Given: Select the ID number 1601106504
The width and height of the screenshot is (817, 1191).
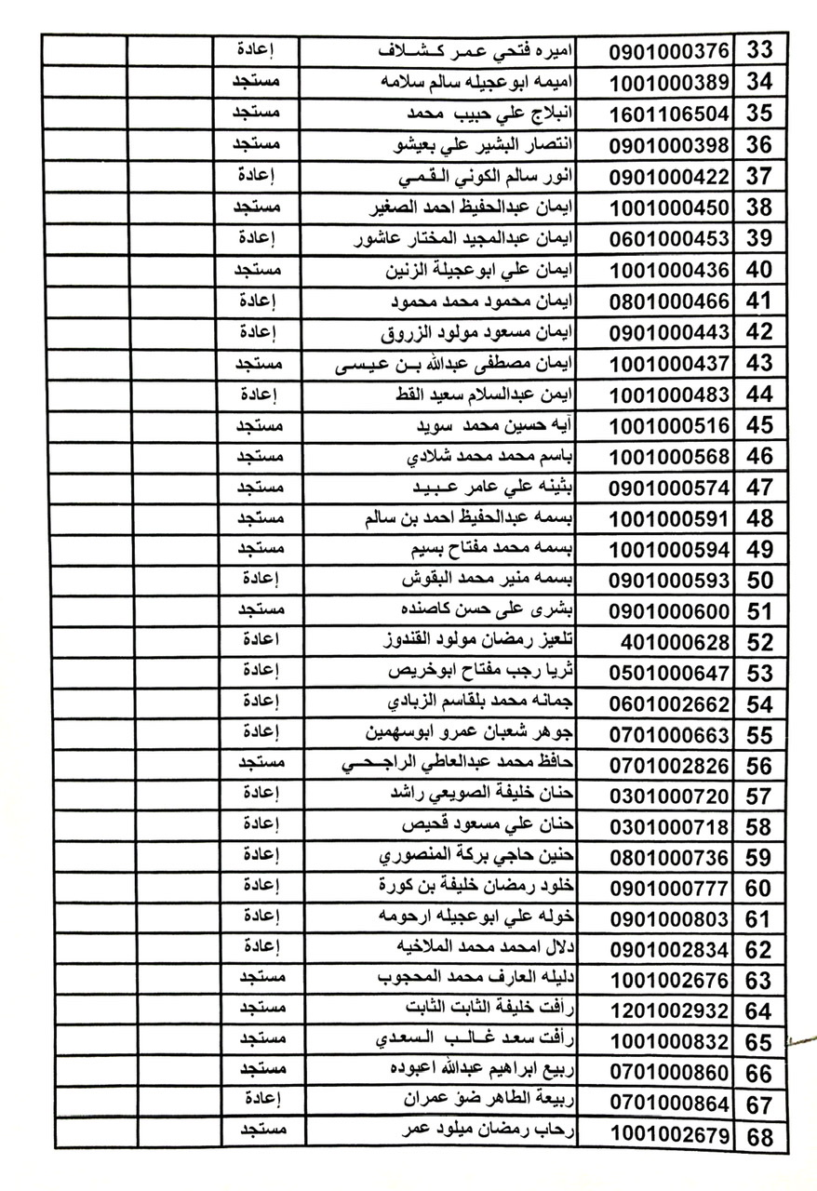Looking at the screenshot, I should tap(669, 114).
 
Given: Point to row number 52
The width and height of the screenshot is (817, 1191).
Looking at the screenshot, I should tap(760, 643).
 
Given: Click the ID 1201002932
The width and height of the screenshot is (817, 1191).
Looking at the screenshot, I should tap(669, 1011).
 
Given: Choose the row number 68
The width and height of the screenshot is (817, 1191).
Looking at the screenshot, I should tap(759, 1136).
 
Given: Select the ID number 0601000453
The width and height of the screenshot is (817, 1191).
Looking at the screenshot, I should tap(669, 239).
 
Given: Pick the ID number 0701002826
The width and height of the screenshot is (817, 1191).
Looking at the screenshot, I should tap(669, 766).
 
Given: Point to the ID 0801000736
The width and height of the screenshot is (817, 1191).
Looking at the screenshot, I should tap(669, 858).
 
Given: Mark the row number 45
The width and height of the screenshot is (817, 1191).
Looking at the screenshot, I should tap(760, 426).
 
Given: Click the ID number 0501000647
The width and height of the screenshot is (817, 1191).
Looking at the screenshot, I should tap(669, 673).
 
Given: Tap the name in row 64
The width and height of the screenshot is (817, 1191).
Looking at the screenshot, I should tap(493, 1010).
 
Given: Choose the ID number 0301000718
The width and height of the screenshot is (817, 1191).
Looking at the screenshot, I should tap(669, 827).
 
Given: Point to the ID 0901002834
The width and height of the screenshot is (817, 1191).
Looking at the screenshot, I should tap(669, 950).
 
